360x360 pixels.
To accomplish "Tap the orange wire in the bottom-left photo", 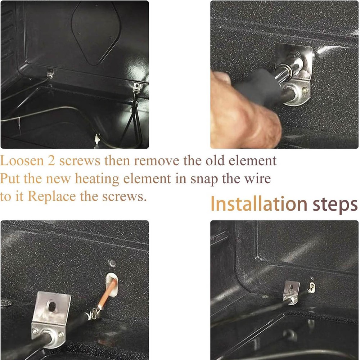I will pyautogui.click(x=108, y=293).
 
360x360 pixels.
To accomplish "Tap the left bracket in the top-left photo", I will pyautogui.click(x=50, y=73).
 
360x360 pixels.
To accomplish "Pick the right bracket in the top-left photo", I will pyautogui.click(x=136, y=86).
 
